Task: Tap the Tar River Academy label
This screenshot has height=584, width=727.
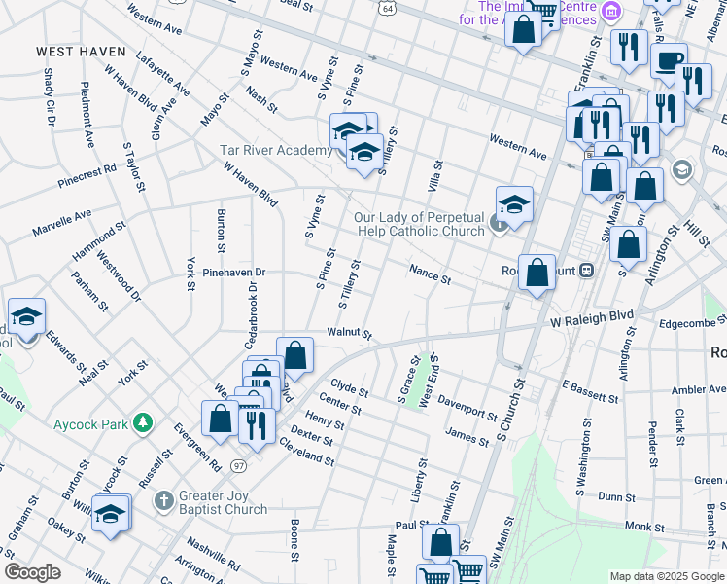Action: click(x=276, y=150)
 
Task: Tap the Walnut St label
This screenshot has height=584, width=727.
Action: click(x=349, y=333)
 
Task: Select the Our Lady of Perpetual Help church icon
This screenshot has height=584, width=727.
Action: click(x=499, y=225)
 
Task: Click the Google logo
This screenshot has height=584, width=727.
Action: click(x=32, y=572)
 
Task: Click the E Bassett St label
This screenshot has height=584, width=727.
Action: click(x=590, y=391)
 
